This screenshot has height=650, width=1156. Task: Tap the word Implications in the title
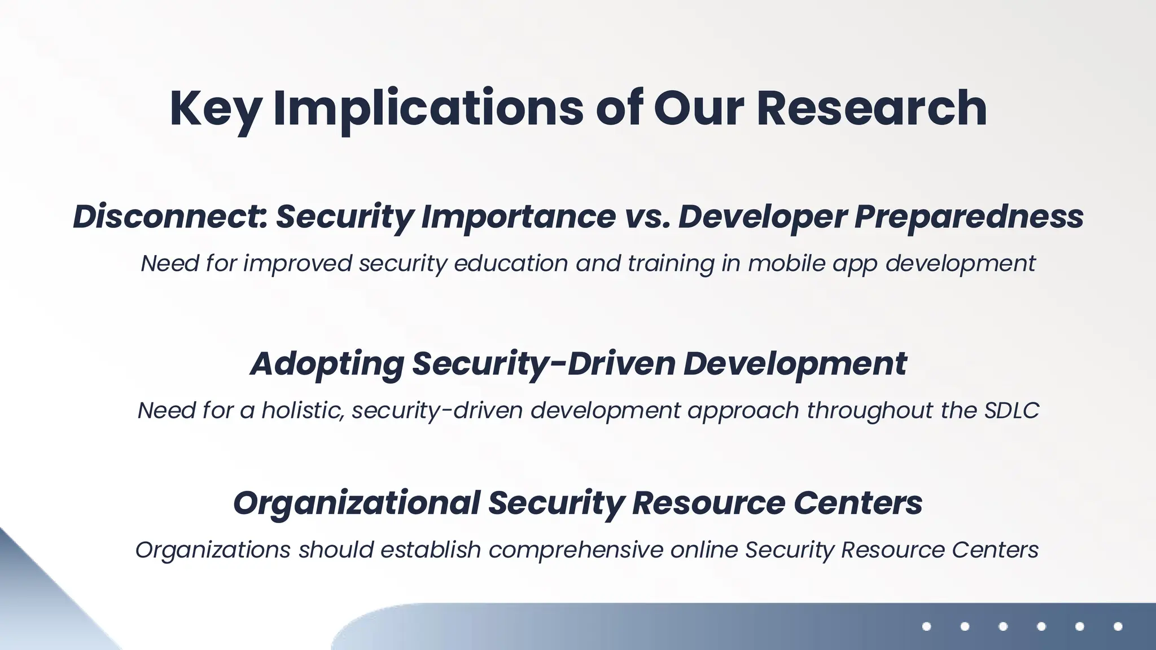428,108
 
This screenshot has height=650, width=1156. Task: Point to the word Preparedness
969,217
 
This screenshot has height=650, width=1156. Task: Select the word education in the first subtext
511,263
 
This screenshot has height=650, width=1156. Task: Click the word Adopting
327,363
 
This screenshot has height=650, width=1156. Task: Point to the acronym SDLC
1011,410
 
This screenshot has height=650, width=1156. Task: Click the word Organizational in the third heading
356,503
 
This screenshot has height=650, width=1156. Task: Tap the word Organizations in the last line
213,550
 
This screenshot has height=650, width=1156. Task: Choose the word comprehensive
576,550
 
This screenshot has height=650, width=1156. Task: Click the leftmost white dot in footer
926,626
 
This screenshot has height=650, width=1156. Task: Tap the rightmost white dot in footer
1118,626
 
